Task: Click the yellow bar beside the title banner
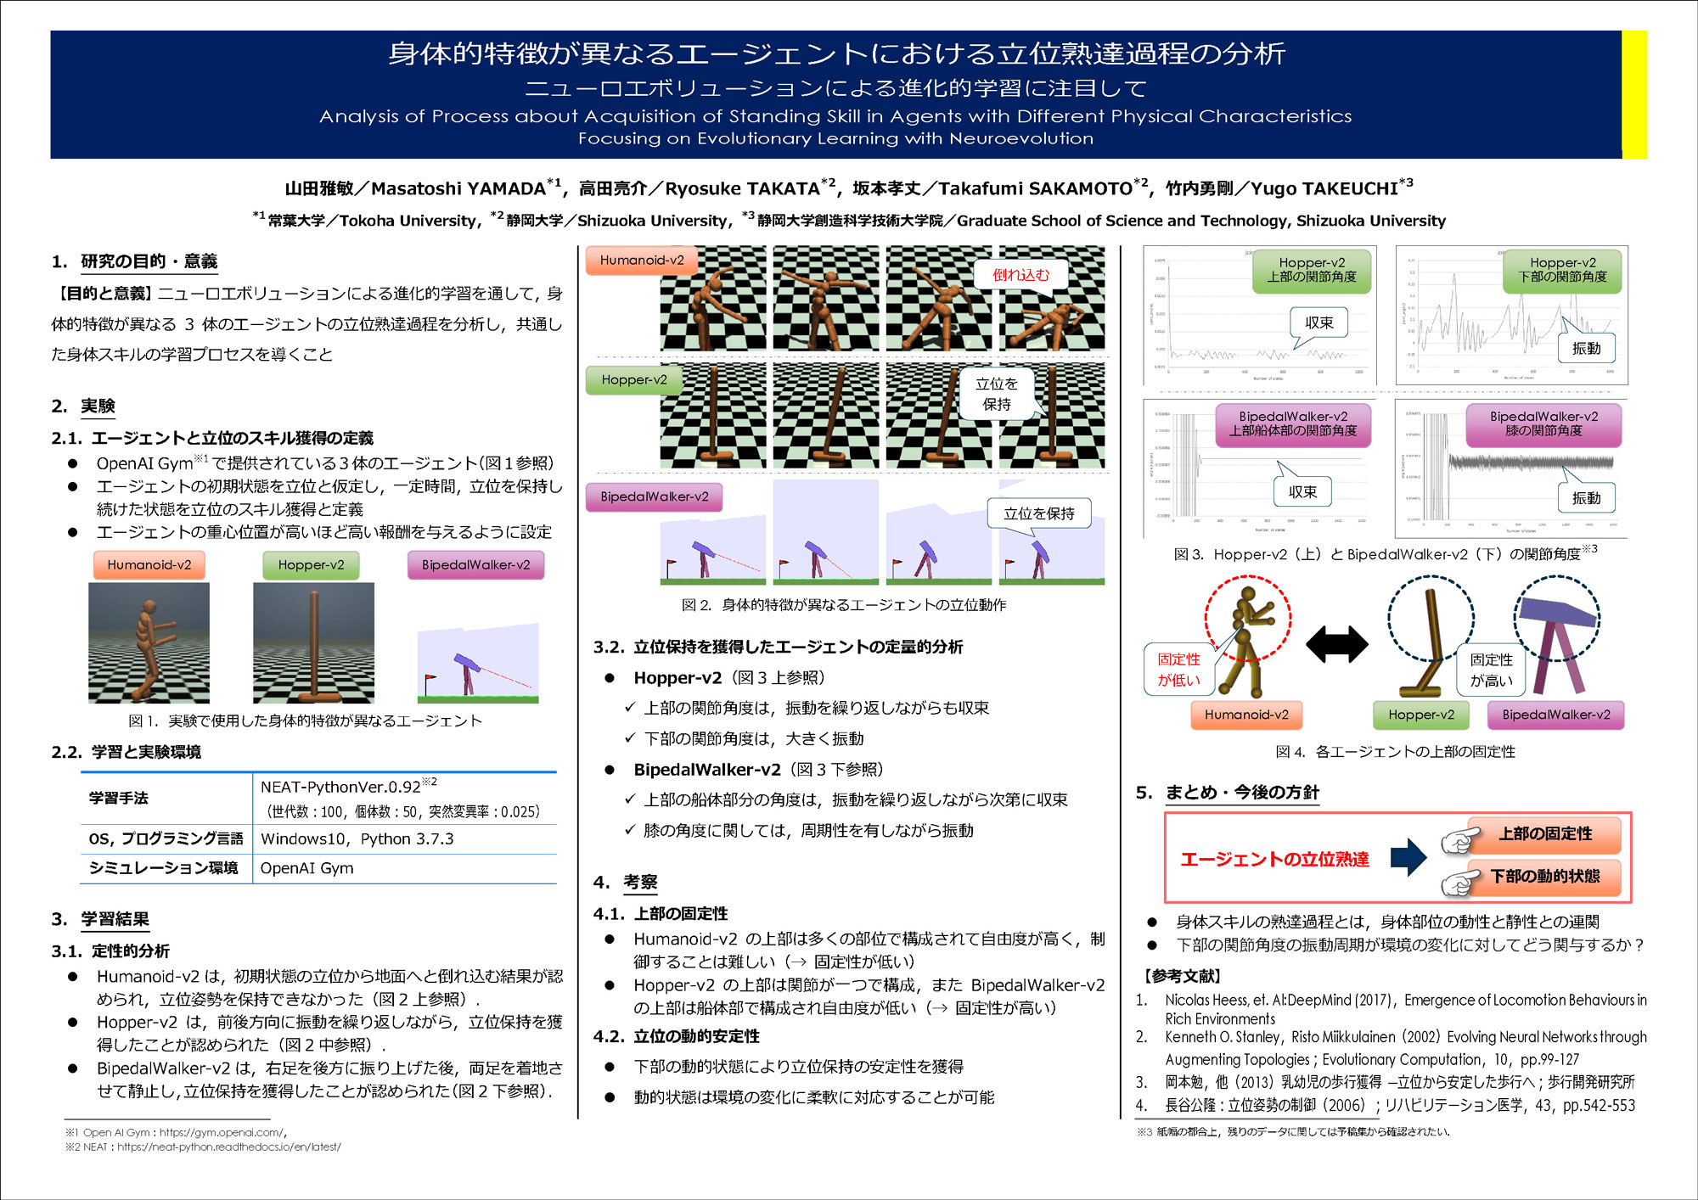1633,94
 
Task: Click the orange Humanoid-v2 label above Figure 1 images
149,565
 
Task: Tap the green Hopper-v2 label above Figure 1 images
311,565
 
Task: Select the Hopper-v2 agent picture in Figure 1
313,642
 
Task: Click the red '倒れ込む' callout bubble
1020,275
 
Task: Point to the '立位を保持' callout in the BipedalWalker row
1038,513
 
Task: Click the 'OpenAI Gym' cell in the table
306,868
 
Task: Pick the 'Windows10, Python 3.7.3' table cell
357,839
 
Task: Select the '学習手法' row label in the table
119,798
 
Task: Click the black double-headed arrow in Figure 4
1336,644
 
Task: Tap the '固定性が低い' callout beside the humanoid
1178,670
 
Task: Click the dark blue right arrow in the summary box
1408,857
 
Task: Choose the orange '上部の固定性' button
1544,834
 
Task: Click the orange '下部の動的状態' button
1544,877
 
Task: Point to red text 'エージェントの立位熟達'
1274,860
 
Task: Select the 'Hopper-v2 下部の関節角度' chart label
1562,270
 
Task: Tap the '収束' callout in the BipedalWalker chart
1302,492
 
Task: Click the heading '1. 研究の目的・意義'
134,261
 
